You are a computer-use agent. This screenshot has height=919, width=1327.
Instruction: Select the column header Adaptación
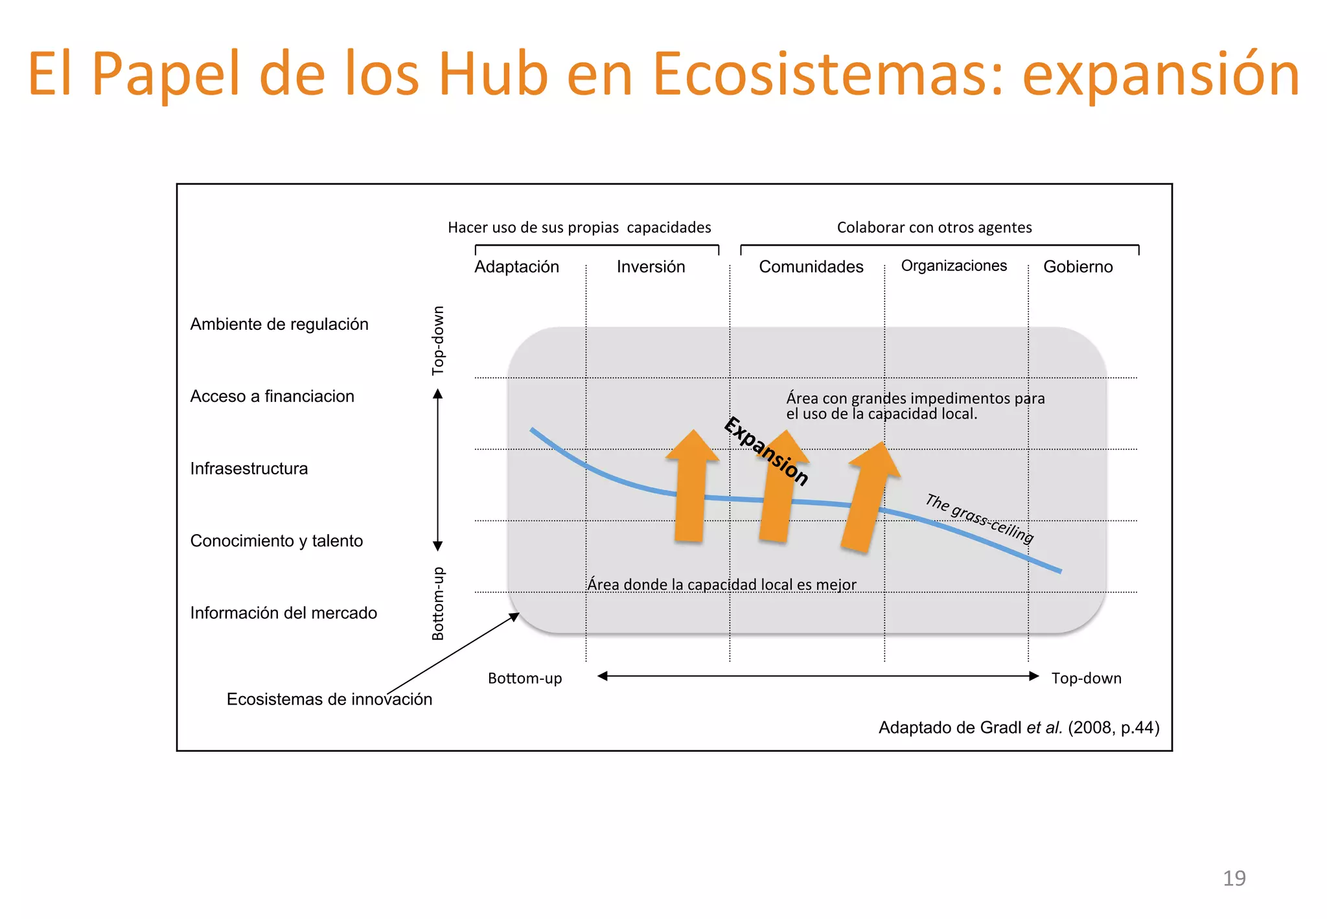click(x=516, y=266)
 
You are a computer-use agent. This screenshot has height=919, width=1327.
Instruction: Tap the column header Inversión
click(x=651, y=266)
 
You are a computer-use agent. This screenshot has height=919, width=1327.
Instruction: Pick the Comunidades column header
click(x=811, y=266)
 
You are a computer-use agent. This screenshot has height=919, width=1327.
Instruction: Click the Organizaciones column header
click(x=954, y=266)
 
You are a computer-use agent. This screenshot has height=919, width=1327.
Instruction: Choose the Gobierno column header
click(x=1078, y=266)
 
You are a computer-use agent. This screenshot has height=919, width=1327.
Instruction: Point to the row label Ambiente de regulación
click(x=279, y=324)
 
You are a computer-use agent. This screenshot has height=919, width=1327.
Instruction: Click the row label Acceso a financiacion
click(x=272, y=396)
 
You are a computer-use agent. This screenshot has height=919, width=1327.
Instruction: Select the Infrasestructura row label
click(x=249, y=469)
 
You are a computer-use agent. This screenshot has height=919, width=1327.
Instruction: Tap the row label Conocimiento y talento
click(x=277, y=541)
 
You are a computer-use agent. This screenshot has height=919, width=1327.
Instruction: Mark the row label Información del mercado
click(x=283, y=612)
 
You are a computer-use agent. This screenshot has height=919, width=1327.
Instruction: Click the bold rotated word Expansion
click(x=767, y=451)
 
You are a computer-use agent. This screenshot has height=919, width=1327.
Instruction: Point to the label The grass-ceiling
click(x=979, y=518)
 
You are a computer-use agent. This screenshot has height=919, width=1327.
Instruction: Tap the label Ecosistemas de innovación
click(x=329, y=699)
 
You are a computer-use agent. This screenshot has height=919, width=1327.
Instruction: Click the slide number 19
click(x=1234, y=878)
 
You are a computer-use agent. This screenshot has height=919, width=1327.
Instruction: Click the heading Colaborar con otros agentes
click(x=934, y=227)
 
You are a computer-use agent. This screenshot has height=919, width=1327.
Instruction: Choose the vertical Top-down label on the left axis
click(x=439, y=340)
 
